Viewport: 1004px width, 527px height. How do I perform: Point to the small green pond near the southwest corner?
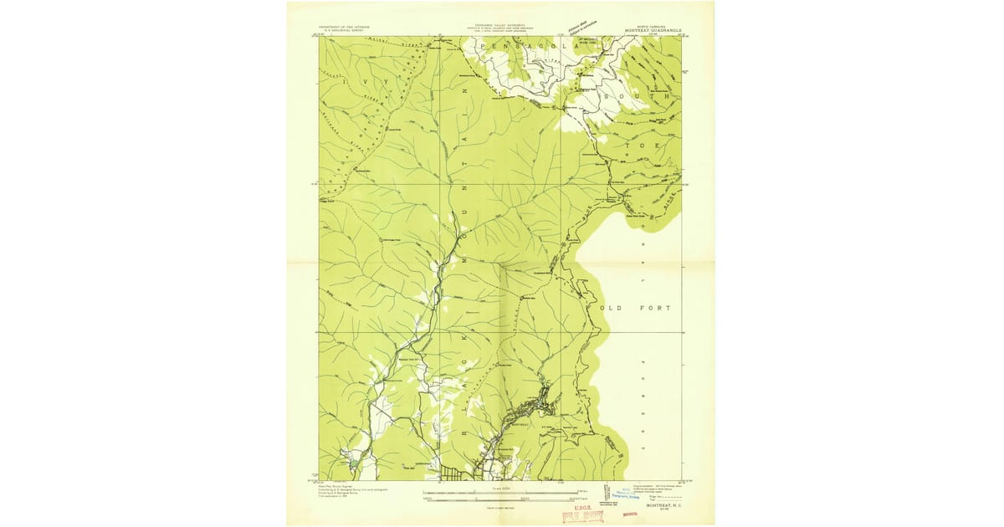(353, 462)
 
